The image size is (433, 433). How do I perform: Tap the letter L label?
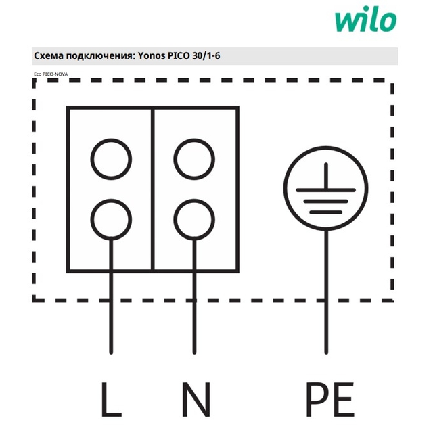[x=112, y=399]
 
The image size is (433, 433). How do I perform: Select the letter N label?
[x=196, y=399]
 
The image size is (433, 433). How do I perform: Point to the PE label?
[x=330, y=399]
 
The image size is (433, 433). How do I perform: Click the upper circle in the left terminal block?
[x=111, y=139]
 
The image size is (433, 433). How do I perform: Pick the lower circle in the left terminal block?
[x=111, y=200]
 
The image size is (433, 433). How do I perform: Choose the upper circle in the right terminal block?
[x=194, y=139]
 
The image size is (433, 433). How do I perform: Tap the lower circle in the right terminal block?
[x=194, y=200]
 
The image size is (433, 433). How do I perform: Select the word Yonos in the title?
[x=152, y=55]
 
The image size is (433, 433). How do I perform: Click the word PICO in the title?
[x=179, y=55]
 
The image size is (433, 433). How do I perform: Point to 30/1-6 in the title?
[x=206, y=55]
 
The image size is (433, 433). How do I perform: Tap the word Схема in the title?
[x=49, y=55]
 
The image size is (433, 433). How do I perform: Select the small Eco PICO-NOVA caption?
[x=51, y=74]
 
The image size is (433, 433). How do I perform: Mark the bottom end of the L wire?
[x=111, y=352]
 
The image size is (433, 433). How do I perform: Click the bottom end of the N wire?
[x=194, y=352]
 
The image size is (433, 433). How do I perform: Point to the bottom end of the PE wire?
[x=326, y=352]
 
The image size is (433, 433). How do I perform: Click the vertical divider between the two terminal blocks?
[x=153, y=189]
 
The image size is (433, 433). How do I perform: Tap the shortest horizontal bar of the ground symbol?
[x=326, y=212]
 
